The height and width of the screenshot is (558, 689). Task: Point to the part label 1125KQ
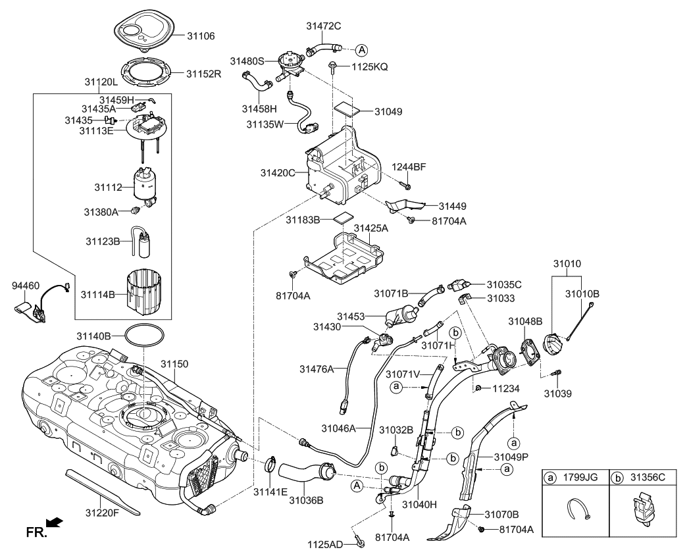pos(370,66)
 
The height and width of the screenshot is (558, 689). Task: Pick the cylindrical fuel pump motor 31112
pos(145,186)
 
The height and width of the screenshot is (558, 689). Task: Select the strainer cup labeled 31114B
pos(143,294)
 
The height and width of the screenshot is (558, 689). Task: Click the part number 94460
pos(26,286)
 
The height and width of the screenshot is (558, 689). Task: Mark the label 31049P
pos(513,455)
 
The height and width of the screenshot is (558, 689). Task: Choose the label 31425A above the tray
pos(371,228)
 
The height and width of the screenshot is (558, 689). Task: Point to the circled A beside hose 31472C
pos(361,49)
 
